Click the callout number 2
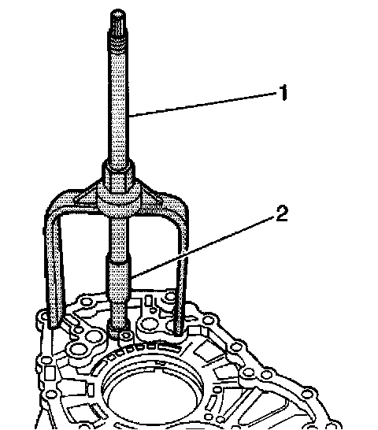tap(282, 214)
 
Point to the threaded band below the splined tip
tap(118, 46)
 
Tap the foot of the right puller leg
tap(180, 331)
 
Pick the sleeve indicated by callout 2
tap(118, 277)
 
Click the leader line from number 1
tap(203, 105)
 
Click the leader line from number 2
tap(203, 247)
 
